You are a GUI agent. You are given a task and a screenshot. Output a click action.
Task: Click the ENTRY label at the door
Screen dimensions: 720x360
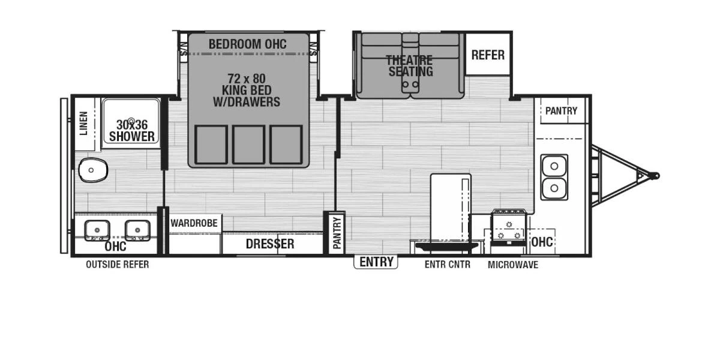(376, 262)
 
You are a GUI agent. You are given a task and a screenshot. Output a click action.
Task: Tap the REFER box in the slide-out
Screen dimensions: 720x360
(488, 55)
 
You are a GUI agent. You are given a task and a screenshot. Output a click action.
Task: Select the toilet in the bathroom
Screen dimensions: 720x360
(92, 170)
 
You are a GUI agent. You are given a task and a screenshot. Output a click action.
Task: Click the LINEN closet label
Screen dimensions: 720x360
(83, 123)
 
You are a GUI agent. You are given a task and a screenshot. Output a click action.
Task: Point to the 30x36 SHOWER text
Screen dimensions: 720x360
(132, 131)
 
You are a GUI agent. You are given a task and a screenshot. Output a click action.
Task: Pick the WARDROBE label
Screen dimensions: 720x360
(194, 223)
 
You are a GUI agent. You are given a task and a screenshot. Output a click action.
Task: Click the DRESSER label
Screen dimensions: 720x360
(270, 244)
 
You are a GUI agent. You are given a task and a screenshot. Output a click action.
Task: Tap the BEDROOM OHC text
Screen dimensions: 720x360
(247, 44)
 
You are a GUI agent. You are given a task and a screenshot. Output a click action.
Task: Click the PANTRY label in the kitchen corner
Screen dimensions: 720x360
(561, 111)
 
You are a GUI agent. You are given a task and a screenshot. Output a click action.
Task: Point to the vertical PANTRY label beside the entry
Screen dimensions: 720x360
(337, 233)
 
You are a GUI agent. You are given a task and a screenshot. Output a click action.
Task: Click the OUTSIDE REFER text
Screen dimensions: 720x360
(118, 265)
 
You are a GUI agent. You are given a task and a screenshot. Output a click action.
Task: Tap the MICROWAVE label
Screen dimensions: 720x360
(513, 265)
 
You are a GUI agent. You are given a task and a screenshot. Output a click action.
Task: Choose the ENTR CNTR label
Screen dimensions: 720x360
(448, 265)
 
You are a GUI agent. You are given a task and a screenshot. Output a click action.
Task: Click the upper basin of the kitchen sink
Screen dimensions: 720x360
(554, 166)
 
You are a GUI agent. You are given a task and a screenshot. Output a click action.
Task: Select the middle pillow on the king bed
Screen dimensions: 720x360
(249, 145)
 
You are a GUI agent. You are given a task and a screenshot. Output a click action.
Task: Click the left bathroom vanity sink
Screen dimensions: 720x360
(97, 230)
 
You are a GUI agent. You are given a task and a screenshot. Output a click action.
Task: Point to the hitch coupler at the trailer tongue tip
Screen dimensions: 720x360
(655, 176)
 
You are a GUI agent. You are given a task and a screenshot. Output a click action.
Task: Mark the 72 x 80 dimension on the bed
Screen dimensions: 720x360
(247, 79)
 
